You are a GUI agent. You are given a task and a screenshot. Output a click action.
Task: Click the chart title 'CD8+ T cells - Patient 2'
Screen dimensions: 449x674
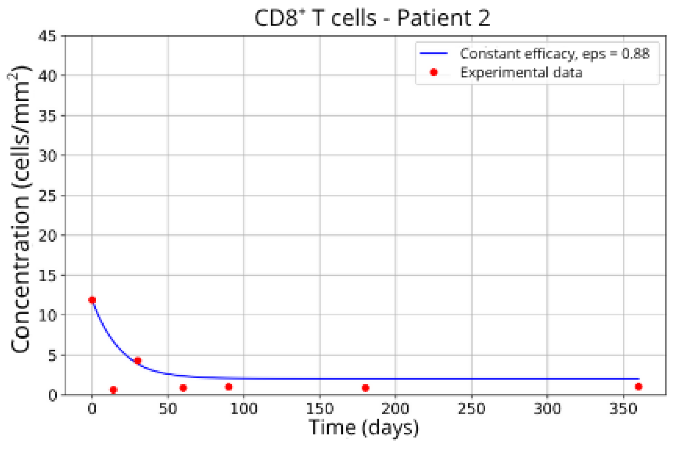point(372,18)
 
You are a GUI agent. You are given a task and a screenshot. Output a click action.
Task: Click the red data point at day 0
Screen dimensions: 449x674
point(92,300)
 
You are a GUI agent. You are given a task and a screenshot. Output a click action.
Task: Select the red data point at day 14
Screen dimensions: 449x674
point(113,390)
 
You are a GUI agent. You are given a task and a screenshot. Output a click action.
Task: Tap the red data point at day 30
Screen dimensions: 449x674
point(138,361)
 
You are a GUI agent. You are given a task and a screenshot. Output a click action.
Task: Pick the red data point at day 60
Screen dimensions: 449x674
point(183,388)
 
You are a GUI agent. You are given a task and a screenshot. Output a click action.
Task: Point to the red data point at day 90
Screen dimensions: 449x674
point(229,387)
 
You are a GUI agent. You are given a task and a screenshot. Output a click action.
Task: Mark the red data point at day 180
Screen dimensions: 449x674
point(365,388)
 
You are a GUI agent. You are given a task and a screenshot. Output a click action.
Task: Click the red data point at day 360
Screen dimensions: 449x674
point(638,387)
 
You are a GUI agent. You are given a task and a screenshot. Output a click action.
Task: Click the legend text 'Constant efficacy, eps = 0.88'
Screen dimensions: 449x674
point(554,54)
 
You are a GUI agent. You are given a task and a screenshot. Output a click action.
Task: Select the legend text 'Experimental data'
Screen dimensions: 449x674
point(521,73)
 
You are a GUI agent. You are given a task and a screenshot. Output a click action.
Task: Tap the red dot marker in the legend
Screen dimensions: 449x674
point(434,73)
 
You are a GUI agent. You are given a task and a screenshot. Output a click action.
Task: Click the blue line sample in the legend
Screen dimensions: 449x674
point(434,54)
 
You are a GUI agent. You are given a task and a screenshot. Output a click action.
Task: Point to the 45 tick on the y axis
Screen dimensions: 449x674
point(48,36)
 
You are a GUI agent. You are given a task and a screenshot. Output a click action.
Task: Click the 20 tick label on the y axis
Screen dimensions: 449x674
point(48,236)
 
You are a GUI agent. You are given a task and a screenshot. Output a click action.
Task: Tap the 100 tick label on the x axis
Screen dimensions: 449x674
point(244,409)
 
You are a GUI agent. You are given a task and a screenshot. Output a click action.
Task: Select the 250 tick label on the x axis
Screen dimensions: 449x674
point(471,409)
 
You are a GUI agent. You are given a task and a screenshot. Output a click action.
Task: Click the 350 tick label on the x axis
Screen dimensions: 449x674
point(623,409)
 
